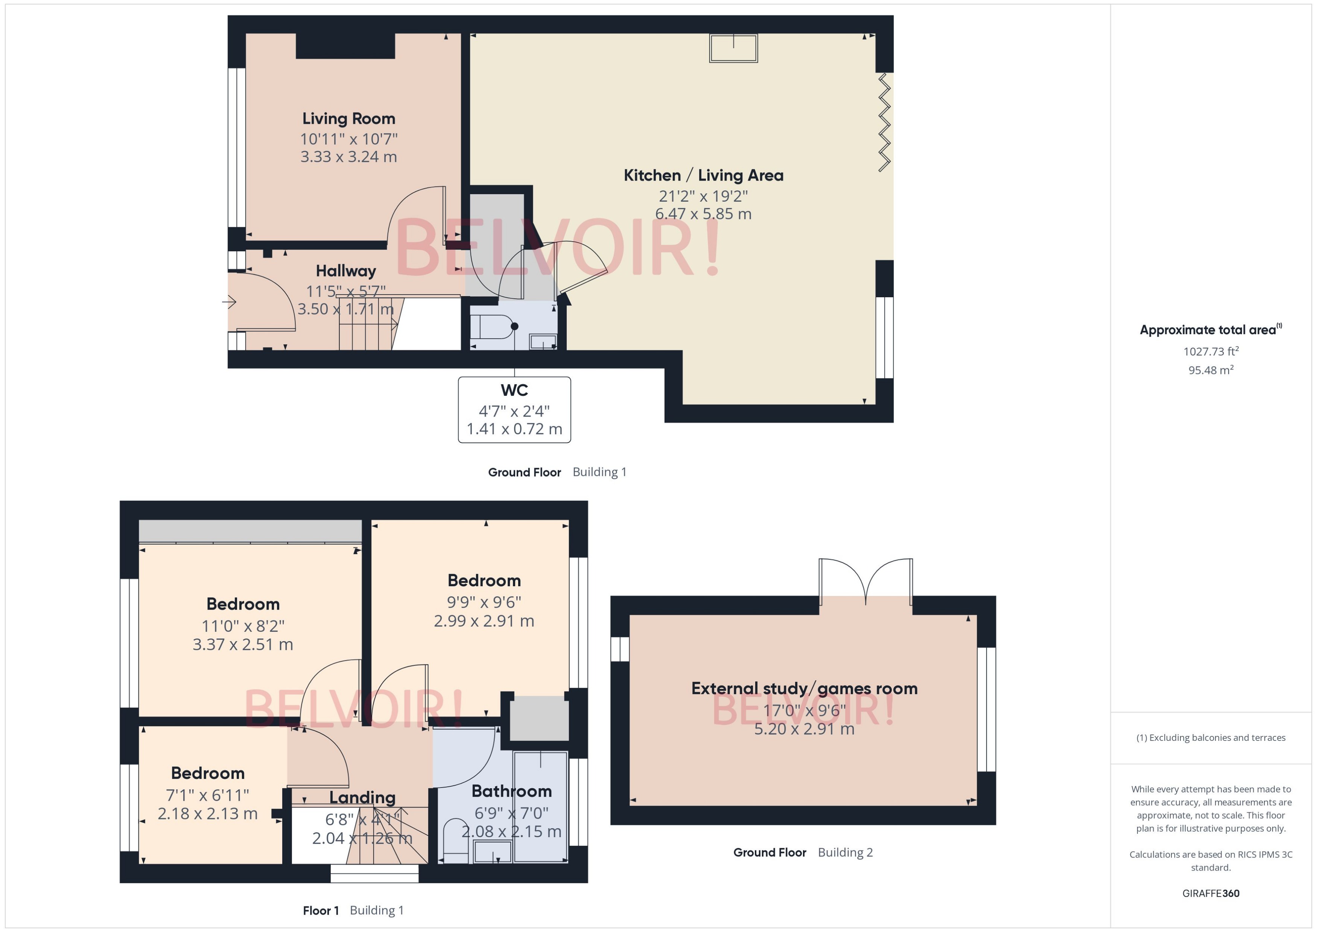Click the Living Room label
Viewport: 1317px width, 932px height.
[x=348, y=119]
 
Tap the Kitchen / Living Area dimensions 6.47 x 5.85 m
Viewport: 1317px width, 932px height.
[x=703, y=214]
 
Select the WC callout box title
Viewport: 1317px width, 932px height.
[x=514, y=390]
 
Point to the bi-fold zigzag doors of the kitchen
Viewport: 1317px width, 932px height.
[x=884, y=122]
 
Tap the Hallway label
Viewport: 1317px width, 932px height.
[x=345, y=271]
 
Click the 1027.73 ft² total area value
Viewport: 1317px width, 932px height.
[x=1210, y=351]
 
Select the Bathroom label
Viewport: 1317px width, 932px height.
[x=511, y=791]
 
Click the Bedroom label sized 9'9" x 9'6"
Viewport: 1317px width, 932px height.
[x=484, y=581]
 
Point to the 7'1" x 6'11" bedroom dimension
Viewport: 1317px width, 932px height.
[x=207, y=795]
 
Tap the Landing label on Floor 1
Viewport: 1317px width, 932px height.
[x=362, y=798]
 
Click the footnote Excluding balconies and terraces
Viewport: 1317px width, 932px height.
[x=1210, y=738]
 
